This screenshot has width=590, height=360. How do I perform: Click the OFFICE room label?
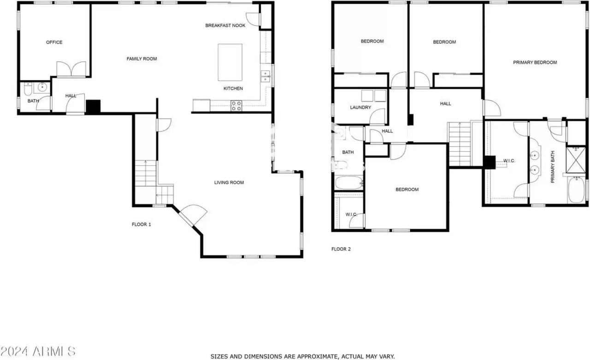click(54, 42)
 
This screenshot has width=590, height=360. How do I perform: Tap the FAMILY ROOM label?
click(142, 59)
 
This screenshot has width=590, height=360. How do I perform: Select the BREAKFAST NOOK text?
click(225, 25)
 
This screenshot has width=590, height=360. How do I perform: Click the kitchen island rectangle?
click(230, 62)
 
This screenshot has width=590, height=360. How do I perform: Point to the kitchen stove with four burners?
click(236, 106)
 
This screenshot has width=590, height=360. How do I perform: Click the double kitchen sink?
click(265, 77)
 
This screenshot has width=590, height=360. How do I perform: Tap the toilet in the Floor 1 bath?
click(28, 89)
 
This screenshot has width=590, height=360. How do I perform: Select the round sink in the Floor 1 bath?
click(42, 87)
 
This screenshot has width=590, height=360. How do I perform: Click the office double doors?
click(71, 69)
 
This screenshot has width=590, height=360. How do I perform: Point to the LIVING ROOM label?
click(229, 183)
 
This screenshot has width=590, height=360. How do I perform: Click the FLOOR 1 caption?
click(142, 224)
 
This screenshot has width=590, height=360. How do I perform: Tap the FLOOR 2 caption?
click(341, 249)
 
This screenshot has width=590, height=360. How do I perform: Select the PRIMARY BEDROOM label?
click(535, 62)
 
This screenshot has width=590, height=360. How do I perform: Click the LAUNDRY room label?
click(360, 107)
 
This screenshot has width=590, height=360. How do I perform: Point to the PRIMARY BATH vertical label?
click(553, 167)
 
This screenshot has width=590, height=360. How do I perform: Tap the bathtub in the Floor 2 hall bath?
click(349, 183)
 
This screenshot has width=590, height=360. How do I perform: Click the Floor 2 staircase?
click(460, 144)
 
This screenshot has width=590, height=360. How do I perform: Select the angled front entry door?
click(193, 215)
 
